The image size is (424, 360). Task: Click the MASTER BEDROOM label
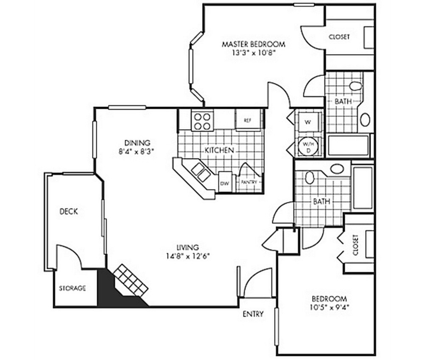point(254,44)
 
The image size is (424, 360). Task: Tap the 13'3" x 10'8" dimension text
point(254,53)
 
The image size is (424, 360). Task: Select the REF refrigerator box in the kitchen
point(248,120)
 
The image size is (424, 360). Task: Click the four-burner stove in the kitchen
point(201,120)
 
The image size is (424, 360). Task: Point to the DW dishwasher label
point(225,183)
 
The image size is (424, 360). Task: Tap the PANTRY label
point(249,182)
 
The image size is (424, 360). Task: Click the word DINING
point(137,143)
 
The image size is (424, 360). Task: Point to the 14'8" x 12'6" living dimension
point(188,256)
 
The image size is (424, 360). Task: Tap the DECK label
point(69,211)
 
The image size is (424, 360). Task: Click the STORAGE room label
point(72,288)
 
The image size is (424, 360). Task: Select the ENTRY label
point(253,314)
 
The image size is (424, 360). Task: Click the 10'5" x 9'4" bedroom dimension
point(329,308)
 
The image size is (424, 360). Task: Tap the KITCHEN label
point(219,150)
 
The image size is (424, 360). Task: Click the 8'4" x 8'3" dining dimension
point(137,152)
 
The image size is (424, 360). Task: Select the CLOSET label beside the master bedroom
point(339,37)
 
